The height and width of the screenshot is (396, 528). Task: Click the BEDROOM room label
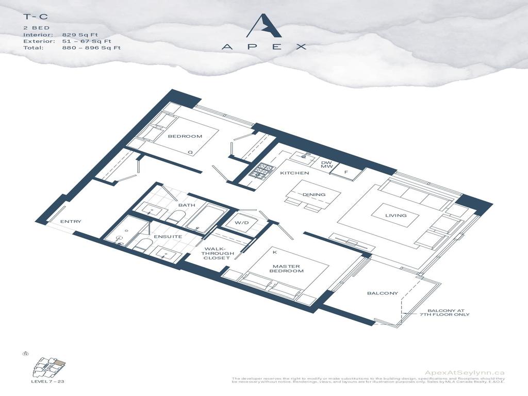click(x=185, y=136)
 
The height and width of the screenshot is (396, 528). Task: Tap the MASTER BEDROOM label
click(x=288, y=268)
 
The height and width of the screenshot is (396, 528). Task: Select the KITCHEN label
click(x=294, y=173)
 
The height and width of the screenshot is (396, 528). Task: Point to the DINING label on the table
click(x=313, y=194)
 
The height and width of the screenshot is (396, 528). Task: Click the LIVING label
click(x=396, y=216)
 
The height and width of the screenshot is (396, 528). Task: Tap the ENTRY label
click(x=71, y=222)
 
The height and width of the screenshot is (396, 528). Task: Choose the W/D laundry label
click(x=242, y=223)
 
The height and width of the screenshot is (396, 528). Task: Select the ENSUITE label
click(x=169, y=236)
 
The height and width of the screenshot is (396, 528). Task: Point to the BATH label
click(x=187, y=205)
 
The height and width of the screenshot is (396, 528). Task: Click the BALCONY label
click(x=383, y=293)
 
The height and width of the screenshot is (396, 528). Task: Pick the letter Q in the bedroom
click(x=190, y=153)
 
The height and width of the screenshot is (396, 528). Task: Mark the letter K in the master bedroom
click(x=275, y=252)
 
